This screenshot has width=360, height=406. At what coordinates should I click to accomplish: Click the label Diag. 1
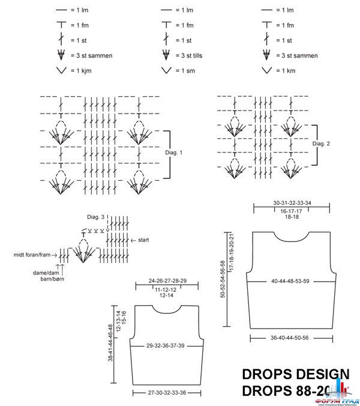pos(173,153)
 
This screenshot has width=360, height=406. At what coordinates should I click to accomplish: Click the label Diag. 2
pos(322,144)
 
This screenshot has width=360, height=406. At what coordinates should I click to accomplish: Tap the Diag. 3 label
pos(96,217)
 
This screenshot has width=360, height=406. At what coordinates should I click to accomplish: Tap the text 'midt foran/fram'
pos(35,255)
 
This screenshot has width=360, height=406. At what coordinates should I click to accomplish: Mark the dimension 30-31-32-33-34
pos(292,202)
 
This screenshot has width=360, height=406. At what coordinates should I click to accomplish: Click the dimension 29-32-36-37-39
pos(165,347)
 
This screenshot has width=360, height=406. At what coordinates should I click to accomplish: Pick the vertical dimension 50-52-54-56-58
pos(223,279)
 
